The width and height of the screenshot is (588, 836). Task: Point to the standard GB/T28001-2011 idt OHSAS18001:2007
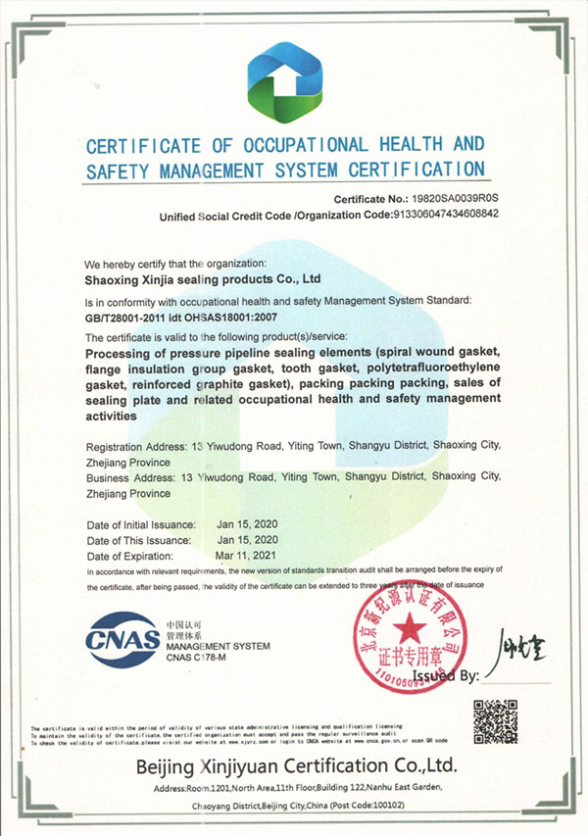[196, 318]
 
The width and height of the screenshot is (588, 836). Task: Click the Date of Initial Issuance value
[248, 524]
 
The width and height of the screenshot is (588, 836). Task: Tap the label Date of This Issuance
[139, 539]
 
